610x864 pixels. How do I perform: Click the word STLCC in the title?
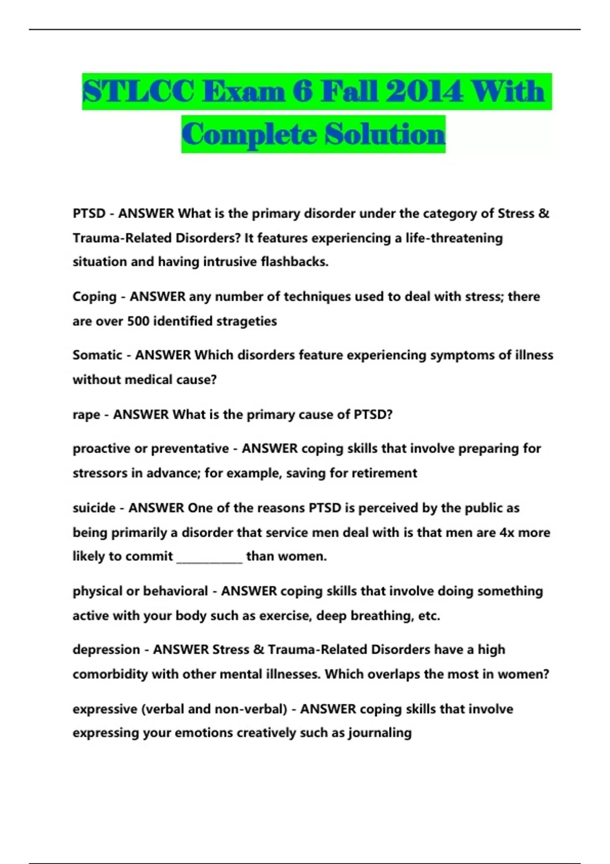(x=138, y=92)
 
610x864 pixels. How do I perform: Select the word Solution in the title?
(x=385, y=135)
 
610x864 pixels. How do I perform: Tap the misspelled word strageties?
(x=247, y=321)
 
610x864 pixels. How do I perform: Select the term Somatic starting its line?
(x=97, y=355)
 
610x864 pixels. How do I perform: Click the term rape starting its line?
(x=86, y=415)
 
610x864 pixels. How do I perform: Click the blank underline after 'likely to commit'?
(x=209, y=558)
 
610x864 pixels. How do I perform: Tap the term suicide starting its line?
(x=94, y=508)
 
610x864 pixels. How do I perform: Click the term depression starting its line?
(x=106, y=650)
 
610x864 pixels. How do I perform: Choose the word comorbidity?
(x=110, y=674)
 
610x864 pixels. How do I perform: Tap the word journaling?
(x=380, y=733)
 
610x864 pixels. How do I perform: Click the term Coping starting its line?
(x=95, y=296)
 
